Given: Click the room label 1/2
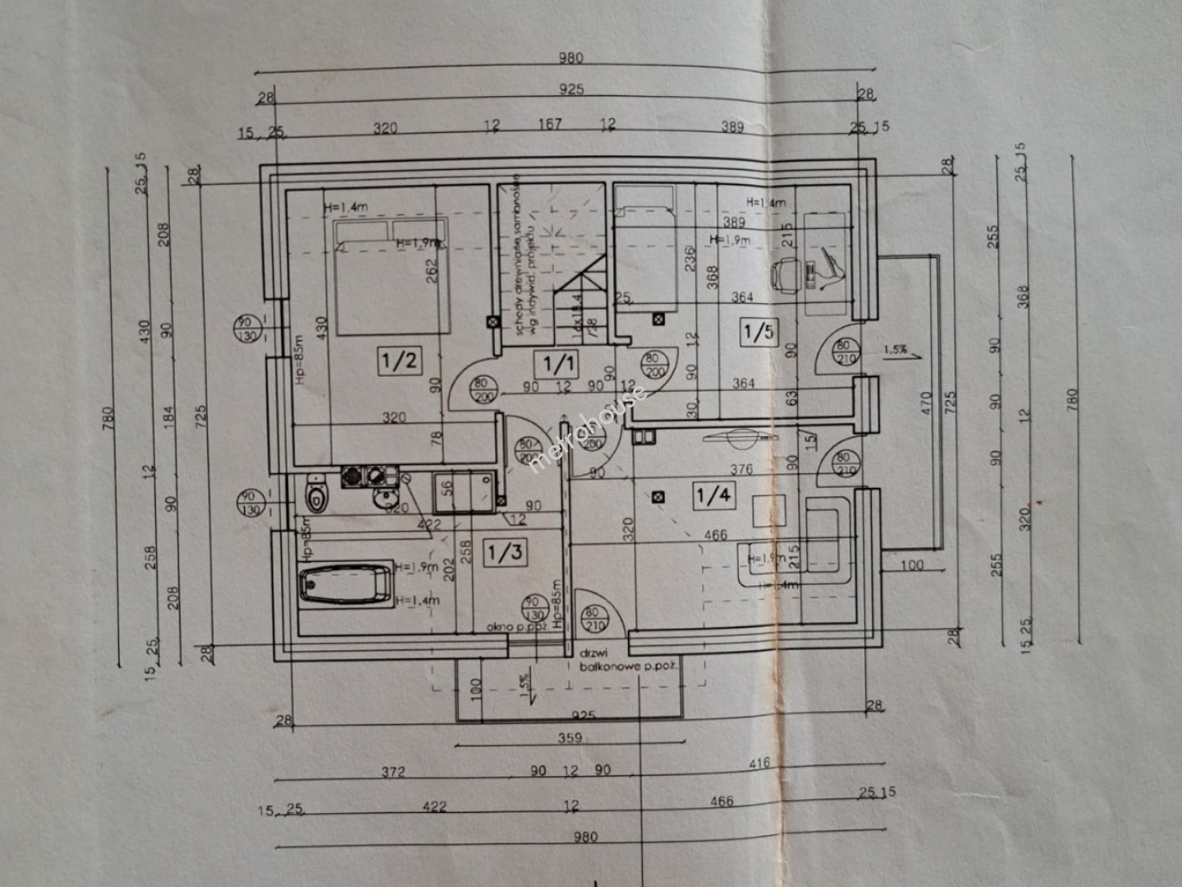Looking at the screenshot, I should click(400, 361).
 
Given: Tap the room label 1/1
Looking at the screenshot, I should click(558, 362).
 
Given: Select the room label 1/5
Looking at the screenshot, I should click(758, 332).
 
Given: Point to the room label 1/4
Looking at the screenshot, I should click(713, 495).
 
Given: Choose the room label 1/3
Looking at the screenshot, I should click(505, 552).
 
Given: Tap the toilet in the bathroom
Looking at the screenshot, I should click(315, 494).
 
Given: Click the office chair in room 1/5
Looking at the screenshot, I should click(787, 273).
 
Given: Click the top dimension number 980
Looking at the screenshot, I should click(570, 58).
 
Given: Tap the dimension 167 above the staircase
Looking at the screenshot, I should click(550, 124).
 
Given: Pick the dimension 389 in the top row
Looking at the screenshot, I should click(732, 126).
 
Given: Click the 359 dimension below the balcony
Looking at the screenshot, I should click(570, 738).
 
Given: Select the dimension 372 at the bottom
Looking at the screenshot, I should click(393, 772).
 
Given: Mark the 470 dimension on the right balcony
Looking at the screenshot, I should click(926, 402).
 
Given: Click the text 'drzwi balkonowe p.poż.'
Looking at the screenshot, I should click(628, 660).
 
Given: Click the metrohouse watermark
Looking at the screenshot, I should click(588, 429).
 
